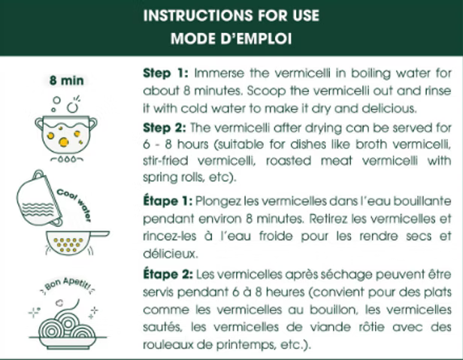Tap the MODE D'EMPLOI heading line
(231, 38)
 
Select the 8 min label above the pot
(67, 80)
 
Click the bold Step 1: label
(165, 73)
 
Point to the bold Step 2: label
(165, 128)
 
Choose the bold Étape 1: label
(168, 201)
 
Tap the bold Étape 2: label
(168, 274)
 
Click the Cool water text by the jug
(74, 204)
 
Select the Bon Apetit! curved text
(68, 286)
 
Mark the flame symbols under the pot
(67, 159)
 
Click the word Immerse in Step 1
(219, 73)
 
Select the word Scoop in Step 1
(266, 91)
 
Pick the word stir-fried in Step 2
(165, 161)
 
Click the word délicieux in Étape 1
(170, 253)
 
